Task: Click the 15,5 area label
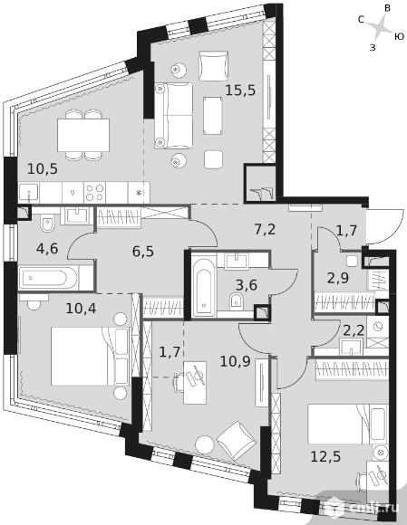click(240, 91)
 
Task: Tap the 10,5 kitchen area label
click(43, 168)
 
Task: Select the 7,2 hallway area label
click(265, 230)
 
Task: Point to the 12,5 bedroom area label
click(325, 456)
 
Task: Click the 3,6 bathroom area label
click(247, 285)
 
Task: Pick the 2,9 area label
click(338, 278)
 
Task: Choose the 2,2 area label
click(354, 330)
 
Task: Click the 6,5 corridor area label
click(143, 251)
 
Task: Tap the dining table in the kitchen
click(83, 135)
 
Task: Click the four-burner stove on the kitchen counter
click(94, 193)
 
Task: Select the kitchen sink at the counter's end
click(29, 193)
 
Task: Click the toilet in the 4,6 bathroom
click(47, 224)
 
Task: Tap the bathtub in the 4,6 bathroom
click(49, 278)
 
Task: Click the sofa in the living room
click(174, 116)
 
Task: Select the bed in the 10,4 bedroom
click(90, 356)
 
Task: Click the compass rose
click(381, 28)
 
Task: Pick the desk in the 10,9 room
click(195, 383)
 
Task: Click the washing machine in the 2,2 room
click(378, 327)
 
